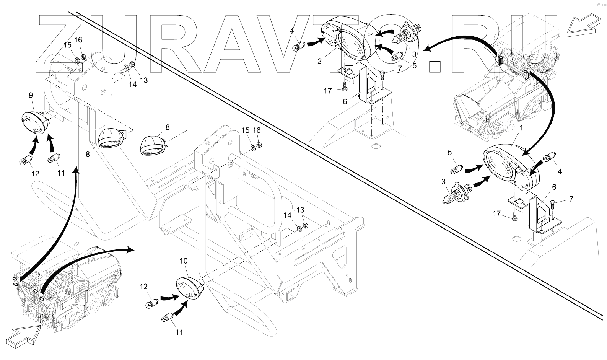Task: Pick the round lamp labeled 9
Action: [34, 121]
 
